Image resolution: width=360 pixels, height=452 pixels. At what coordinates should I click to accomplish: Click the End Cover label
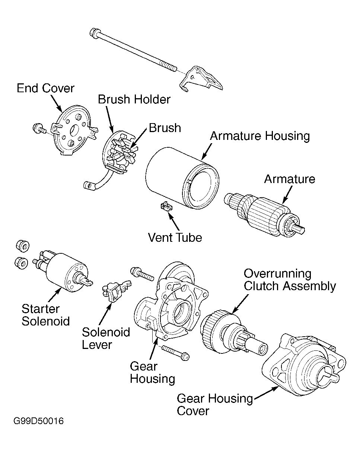[45, 88]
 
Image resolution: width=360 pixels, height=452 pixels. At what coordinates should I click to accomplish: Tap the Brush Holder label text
[134, 99]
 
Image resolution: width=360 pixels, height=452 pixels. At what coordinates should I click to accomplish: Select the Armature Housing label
[260, 136]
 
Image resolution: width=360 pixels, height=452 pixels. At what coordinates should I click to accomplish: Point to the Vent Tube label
[175, 237]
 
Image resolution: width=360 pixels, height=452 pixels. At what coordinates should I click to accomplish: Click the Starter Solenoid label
[45, 315]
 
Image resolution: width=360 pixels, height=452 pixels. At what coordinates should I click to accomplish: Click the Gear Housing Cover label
[214, 404]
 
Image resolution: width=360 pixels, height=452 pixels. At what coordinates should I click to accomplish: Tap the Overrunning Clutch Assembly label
[290, 280]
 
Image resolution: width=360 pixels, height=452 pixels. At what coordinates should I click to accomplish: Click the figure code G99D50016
[39, 421]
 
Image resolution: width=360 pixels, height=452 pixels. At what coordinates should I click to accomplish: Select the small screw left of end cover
[38, 129]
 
